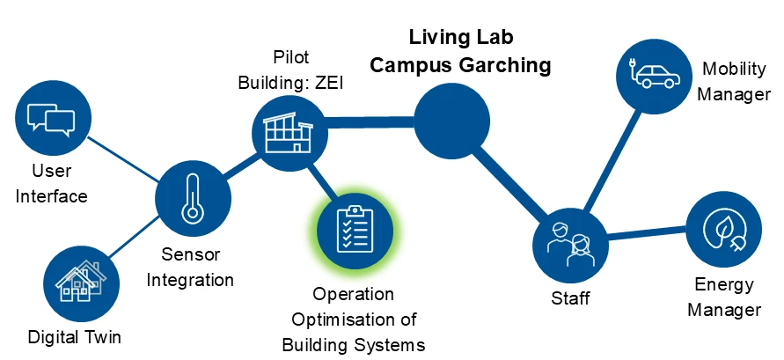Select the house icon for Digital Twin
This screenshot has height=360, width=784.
tap(80, 282)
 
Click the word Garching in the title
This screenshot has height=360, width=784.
tap(506, 65)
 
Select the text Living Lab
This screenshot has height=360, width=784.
tap(461, 39)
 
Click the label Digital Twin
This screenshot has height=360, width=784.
tap(74, 336)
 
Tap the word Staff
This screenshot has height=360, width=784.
tap(570, 299)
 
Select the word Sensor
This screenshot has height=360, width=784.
tap(190, 255)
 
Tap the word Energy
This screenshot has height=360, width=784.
tap(723, 284)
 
